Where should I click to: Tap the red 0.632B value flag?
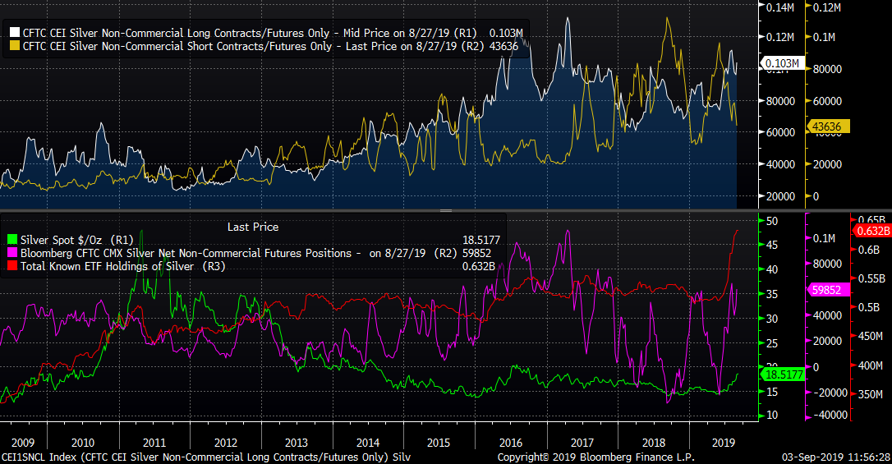872,231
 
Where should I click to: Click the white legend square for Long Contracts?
16,33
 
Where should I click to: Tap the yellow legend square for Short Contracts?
16,46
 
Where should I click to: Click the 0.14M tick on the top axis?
781,7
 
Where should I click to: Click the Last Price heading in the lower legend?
252,227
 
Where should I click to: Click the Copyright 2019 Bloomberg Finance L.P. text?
595,457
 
